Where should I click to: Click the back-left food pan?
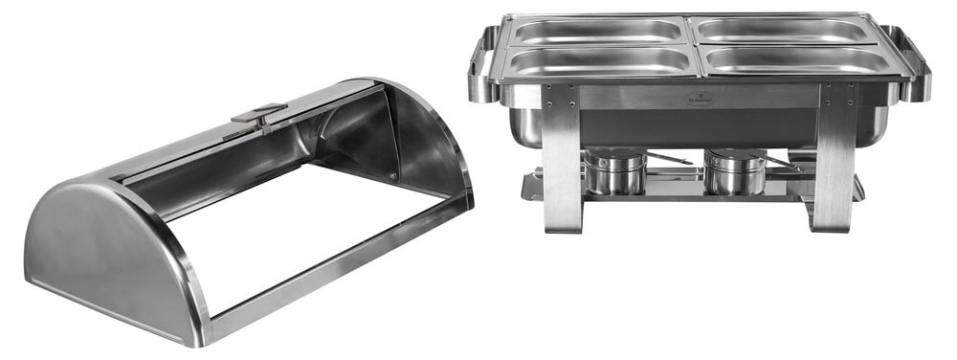(x=597, y=31)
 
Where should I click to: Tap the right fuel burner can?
(x=734, y=172)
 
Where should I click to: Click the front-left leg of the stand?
(x=561, y=172)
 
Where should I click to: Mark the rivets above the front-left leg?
(x=561, y=95)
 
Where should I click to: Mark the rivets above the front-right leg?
(x=834, y=95)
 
